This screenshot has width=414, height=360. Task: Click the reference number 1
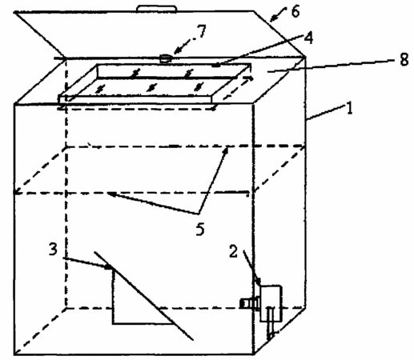click(x=349, y=108)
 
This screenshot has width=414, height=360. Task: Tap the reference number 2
click(x=234, y=251)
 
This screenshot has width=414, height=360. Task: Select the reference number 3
click(x=53, y=250)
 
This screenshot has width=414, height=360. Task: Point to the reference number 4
click(x=308, y=38)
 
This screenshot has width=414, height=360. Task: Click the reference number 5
click(x=200, y=229)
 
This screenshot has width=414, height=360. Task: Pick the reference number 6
click(x=295, y=12)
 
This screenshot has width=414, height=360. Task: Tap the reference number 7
click(x=202, y=31)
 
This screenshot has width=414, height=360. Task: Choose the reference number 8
click(x=404, y=60)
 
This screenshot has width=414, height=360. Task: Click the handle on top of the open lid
click(x=157, y=8)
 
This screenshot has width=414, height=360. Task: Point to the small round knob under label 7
click(x=166, y=58)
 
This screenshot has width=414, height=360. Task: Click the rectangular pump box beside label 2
click(x=271, y=303)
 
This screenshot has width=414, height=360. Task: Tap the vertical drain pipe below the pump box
click(x=271, y=323)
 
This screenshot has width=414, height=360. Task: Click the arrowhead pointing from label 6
click(x=273, y=18)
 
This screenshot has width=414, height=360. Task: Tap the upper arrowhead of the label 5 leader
click(x=227, y=150)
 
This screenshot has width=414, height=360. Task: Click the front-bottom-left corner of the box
click(x=14, y=354)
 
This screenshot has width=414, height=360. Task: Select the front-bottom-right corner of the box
click(x=254, y=354)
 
